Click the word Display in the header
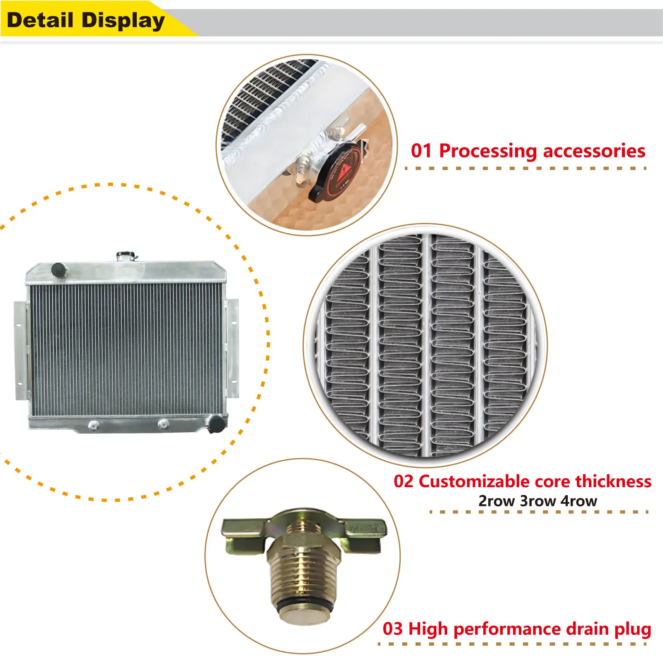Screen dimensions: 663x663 point(123,21)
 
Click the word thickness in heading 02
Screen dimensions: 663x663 point(613,482)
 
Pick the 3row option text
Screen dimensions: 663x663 point(538,501)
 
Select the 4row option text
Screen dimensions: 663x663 point(578,501)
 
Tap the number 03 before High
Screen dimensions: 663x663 point(392,629)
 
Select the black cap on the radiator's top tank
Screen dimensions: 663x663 point(58,269)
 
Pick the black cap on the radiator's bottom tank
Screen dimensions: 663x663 point(217,423)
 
